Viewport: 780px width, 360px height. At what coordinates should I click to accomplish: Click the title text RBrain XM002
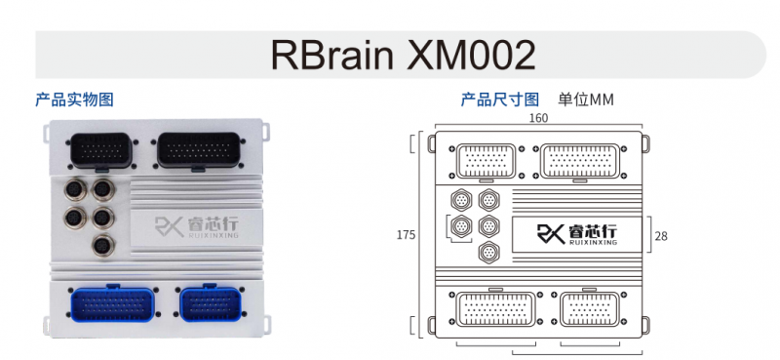click(x=403, y=56)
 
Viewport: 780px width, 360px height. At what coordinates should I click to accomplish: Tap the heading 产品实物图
click(x=75, y=100)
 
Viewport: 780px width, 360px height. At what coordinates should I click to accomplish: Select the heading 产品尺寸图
click(x=500, y=100)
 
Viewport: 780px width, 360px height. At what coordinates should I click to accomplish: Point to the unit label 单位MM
click(x=586, y=100)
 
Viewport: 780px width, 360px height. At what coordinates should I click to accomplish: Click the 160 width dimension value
click(x=538, y=118)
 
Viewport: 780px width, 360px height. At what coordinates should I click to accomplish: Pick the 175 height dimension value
click(x=406, y=235)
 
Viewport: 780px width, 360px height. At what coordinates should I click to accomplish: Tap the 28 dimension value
click(x=661, y=236)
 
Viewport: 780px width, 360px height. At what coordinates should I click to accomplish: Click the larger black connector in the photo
click(x=199, y=150)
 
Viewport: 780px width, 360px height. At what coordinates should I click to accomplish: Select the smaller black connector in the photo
click(x=102, y=150)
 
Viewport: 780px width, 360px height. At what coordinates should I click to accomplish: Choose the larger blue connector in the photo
click(x=112, y=303)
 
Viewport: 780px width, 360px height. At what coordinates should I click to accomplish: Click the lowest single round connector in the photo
click(x=103, y=245)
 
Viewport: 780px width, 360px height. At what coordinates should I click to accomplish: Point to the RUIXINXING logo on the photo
click(x=197, y=227)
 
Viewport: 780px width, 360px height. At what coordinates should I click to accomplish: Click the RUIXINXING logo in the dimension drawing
click(x=577, y=234)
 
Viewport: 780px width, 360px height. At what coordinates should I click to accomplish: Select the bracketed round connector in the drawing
click(x=460, y=226)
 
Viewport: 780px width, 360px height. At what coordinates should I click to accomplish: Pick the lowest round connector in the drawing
click(x=489, y=252)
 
